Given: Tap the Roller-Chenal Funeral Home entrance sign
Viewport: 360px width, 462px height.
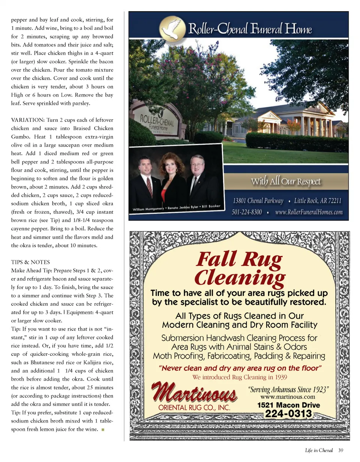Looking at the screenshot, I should click(x=158, y=124).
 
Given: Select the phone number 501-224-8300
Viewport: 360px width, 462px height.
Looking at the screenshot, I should click(x=246, y=212).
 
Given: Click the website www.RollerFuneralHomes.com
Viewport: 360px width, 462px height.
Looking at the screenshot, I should click(x=309, y=212).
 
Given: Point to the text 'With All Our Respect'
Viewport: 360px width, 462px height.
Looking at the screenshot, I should click(x=286, y=182).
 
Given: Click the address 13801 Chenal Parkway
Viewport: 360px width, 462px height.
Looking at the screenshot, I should click(x=258, y=201).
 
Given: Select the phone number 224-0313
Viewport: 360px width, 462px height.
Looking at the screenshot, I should click(x=288, y=414).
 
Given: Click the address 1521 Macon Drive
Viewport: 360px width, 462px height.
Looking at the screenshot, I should click(x=288, y=405).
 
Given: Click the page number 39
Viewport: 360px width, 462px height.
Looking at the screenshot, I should click(x=340, y=450).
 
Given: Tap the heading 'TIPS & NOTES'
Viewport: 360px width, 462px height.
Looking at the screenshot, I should click(x=30, y=262).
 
